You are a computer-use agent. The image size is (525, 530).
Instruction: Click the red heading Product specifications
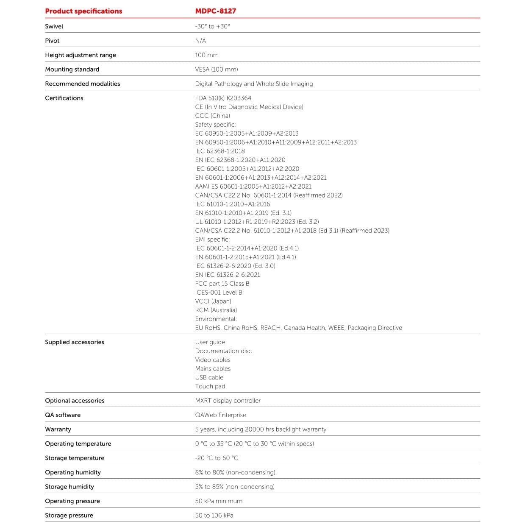click(x=83, y=11)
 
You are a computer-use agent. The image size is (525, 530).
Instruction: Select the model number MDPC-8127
click(x=215, y=11)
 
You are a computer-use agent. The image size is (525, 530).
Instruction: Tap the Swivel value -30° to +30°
click(x=212, y=26)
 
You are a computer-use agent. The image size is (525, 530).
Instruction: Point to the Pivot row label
click(x=52, y=41)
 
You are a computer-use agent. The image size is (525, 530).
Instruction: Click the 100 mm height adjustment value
click(x=207, y=55)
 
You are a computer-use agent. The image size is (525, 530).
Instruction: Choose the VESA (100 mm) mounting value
click(x=217, y=70)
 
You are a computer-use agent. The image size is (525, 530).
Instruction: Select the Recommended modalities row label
click(x=83, y=84)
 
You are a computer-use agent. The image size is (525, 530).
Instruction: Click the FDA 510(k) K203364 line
click(x=223, y=98)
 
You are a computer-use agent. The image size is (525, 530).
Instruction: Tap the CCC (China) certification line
click(x=212, y=116)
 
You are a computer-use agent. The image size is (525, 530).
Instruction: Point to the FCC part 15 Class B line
click(x=222, y=284)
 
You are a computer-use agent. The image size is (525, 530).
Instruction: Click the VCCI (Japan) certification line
click(x=213, y=301)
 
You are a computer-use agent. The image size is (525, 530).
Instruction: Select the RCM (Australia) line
click(x=216, y=310)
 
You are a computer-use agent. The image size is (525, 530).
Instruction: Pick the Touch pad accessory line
click(x=210, y=386)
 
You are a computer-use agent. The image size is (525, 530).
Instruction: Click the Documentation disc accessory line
click(x=223, y=351)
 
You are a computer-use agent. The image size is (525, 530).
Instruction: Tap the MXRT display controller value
click(x=228, y=401)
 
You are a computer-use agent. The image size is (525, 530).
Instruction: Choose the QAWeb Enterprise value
click(x=220, y=415)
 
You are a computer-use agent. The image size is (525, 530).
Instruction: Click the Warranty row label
click(x=58, y=430)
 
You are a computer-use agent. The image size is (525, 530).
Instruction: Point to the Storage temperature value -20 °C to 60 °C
click(x=217, y=458)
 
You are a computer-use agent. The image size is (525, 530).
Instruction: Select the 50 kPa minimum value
click(x=219, y=501)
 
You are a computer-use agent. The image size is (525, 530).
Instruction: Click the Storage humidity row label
click(x=69, y=487)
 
